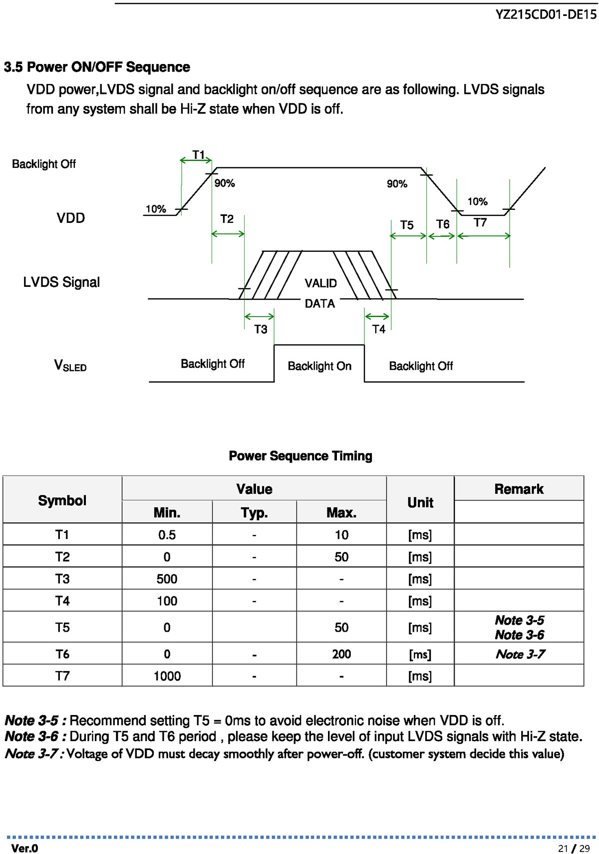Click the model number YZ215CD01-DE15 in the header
(546, 14)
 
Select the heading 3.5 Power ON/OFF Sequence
(97, 67)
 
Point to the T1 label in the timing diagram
(198, 155)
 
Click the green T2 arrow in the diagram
(228, 234)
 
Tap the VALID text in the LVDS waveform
(320, 283)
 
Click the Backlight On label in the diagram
(319, 366)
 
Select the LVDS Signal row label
(61, 282)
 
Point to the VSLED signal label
(70, 365)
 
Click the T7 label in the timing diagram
(480, 222)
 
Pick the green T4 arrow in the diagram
(377, 316)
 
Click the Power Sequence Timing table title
(300, 456)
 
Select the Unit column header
(420, 503)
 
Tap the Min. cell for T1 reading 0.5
(167, 535)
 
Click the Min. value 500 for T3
(167, 579)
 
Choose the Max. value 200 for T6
(341, 654)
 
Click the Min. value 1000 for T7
(167, 676)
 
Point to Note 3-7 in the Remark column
(520, 654)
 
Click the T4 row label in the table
(62, 601)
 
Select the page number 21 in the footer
(563, 849)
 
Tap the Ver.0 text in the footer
(25, 848)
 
